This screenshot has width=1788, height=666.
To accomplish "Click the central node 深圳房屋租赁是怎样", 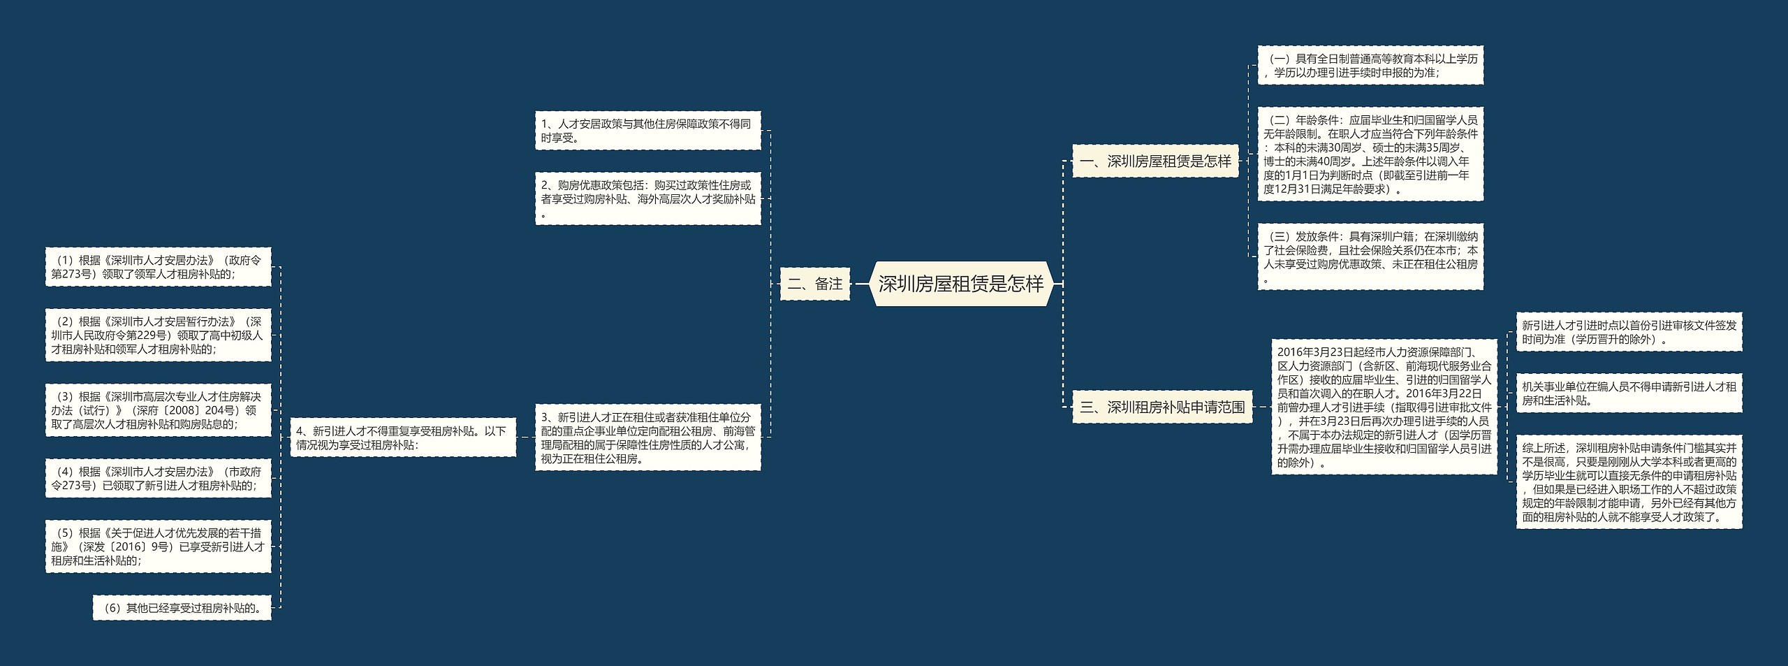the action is pos(961,284).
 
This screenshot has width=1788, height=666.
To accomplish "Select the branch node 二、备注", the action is pos(814,284).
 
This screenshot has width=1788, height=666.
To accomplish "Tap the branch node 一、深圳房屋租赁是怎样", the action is pos(1155,161).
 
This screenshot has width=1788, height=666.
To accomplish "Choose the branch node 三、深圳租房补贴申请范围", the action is pos(1162,407).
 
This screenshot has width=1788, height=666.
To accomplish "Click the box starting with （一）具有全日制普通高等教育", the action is pos(1370,66).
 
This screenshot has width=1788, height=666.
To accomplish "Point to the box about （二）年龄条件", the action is pos(1370,154).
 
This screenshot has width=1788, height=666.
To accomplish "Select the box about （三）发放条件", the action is pos(1370,257).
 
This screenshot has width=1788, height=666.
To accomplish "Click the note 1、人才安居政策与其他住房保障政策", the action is pos(647,131).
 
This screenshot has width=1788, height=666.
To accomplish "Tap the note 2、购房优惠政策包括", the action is pos(647,198).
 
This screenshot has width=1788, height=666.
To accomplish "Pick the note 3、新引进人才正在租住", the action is pos(647,437).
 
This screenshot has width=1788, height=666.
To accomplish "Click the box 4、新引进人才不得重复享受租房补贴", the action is pos(403,437).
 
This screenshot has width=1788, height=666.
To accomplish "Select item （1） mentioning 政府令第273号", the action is pos(158,267).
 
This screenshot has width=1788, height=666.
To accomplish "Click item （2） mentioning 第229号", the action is pos(158,335).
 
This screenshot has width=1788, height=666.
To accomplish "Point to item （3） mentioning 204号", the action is pos(158,410).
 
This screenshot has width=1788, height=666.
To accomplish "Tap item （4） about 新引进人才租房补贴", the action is pos(158,478).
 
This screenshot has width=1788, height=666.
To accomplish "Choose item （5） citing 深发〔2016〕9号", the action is pos(158,546).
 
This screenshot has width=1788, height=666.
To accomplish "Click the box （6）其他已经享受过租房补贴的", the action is pos(182,608).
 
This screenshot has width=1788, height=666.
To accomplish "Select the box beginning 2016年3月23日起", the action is pos(1384,407).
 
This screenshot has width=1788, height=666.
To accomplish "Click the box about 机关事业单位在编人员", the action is pos(1629,393).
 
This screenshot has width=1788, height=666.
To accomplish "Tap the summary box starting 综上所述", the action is pos(1629,482).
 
